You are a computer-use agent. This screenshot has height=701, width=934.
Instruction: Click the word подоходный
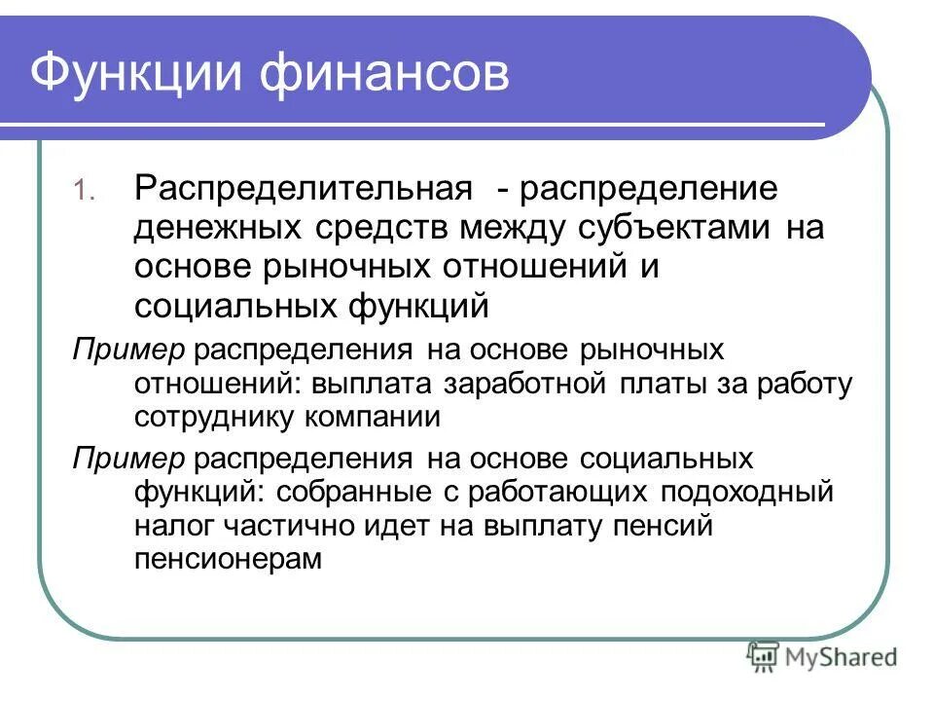pyautogui.click(x=749, y=492)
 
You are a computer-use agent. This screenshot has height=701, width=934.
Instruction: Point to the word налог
pyautogui.click(x=174, y=526)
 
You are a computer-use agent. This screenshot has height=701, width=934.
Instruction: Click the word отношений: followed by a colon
pyautogui.click(x=219, y=383)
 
